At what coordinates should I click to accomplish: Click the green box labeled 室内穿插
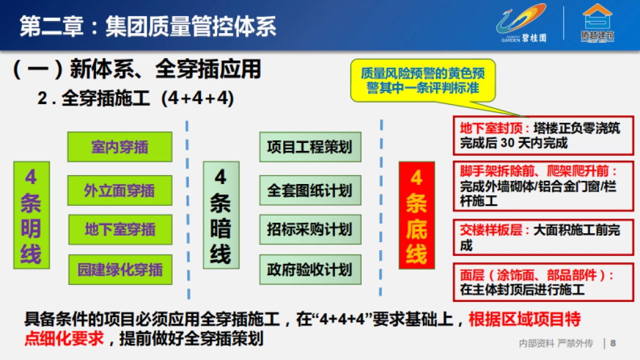[x=119, y=147]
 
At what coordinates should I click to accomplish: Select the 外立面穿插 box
[x=119, y=190]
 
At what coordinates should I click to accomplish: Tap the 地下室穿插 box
[x=120, y=229]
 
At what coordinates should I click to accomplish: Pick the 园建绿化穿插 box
[x=120, y=269]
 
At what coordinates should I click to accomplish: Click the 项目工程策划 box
[x=310, y=147]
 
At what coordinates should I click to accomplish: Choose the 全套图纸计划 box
[x=310, y=190]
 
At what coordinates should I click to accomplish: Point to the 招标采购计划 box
[x=310, y=229]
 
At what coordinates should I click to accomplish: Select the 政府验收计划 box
[x=310, y=269]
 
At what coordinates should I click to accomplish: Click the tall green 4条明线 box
[x=31, y=215]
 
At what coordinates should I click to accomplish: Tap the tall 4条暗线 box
[x=221, y=215]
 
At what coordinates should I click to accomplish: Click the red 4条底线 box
[x=417, y=215]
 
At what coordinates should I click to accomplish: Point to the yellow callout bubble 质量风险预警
[x=422, y=80]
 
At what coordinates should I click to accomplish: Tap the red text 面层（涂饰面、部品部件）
[x=536, y=275]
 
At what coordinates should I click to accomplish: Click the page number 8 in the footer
[x=613, y=343]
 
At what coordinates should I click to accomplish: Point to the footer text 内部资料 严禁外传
[x=556, y=343]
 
